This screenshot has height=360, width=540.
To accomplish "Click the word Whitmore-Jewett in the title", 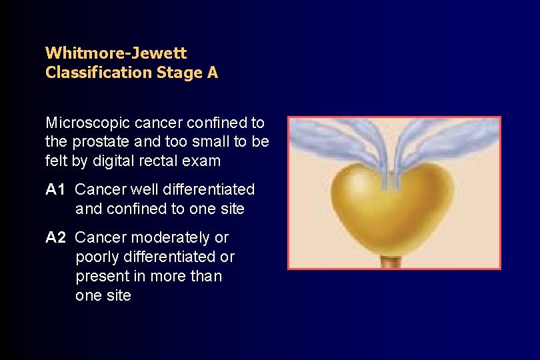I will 116,52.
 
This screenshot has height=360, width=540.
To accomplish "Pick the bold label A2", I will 56,238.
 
